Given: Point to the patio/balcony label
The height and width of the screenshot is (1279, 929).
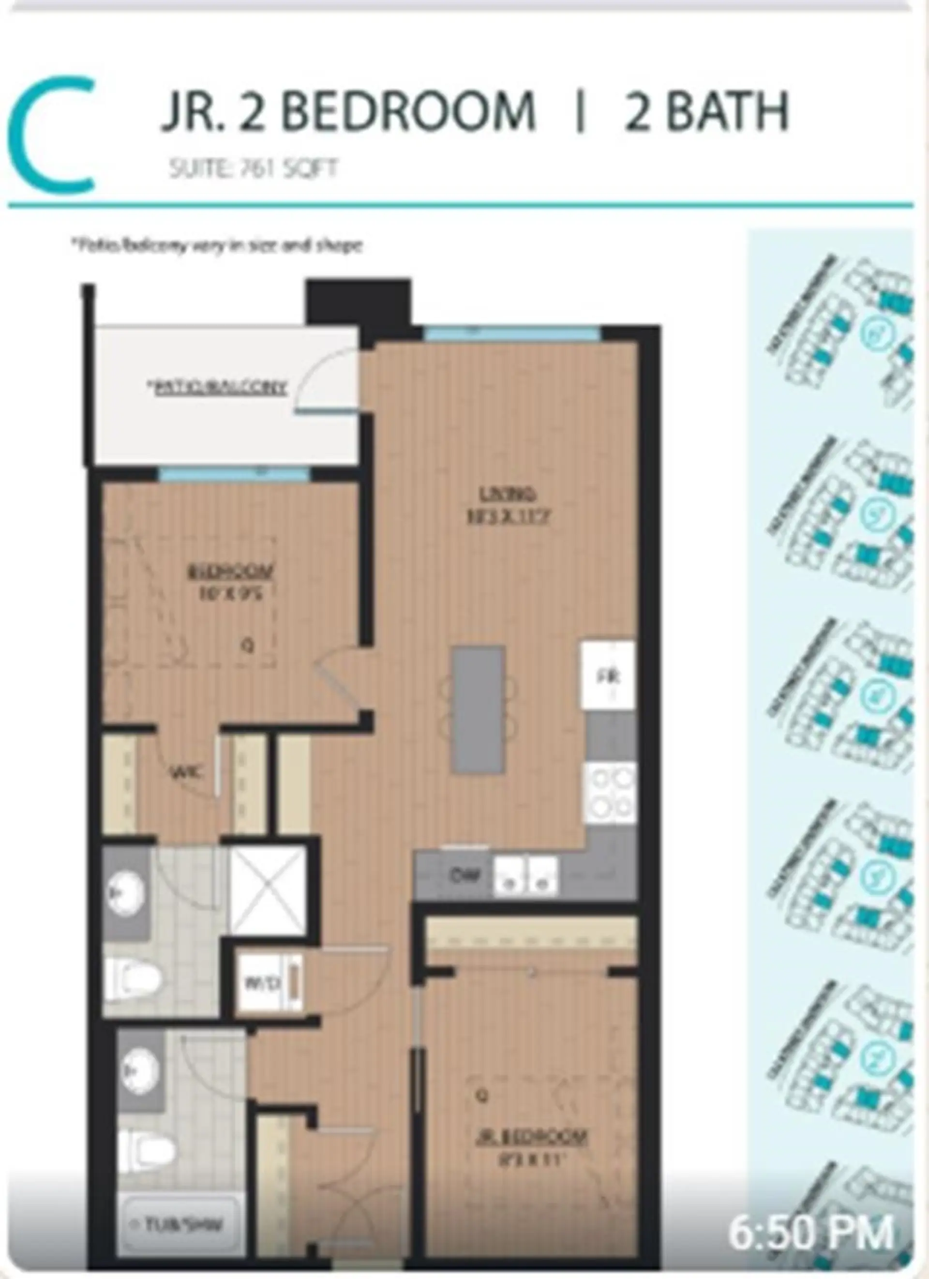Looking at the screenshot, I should (218, 388).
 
